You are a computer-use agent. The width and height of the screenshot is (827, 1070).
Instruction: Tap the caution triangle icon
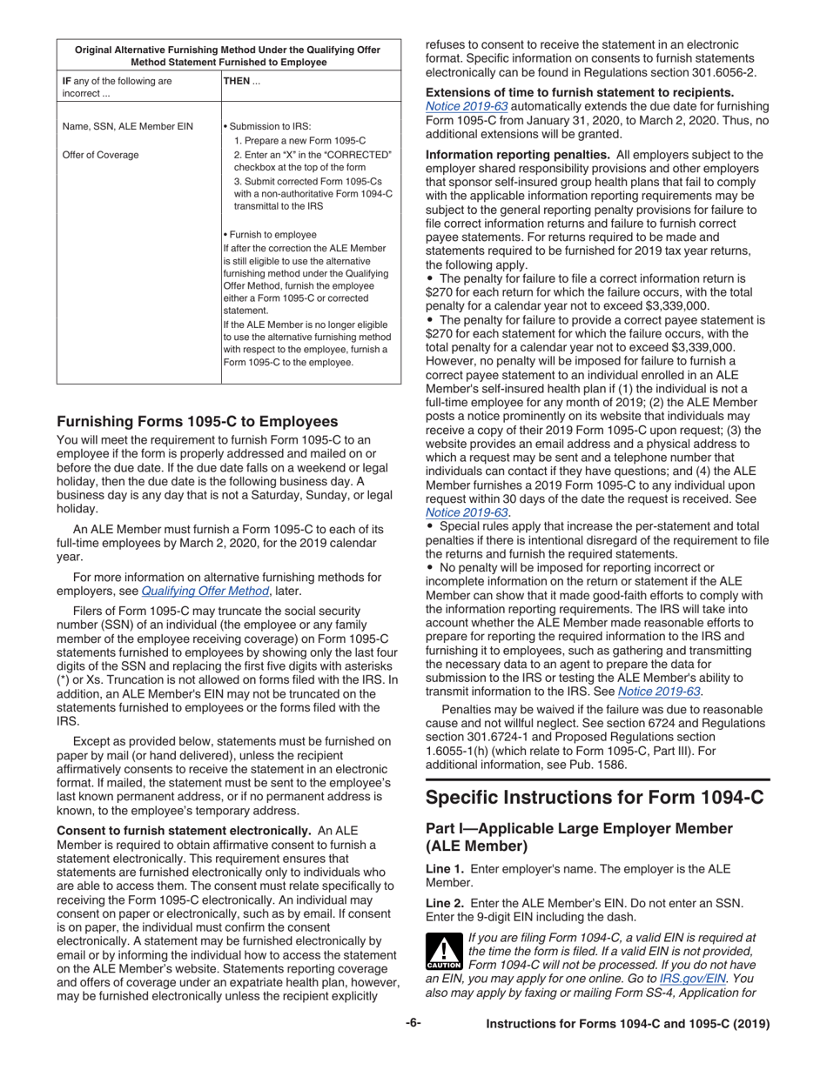click(x=445, y=952)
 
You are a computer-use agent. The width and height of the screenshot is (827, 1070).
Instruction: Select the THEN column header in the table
click(x=237, y=81)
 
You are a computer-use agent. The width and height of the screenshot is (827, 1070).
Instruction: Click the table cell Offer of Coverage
click(x=101, y=155)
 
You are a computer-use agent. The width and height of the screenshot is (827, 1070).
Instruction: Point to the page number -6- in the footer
click(x=413, y=1024)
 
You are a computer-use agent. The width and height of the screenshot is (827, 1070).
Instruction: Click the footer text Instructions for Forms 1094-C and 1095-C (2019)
click(x=628, y=1024)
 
